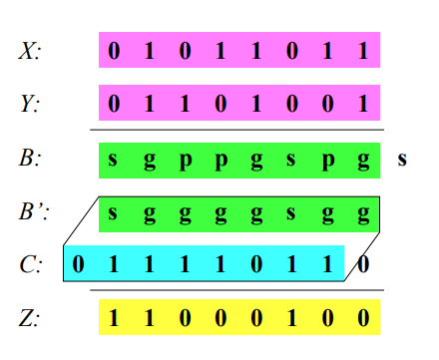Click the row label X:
pyautogui.click(x=29, y=51)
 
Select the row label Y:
pyautogui.click(x=29, y=103)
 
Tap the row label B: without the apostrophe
pyautogui.click(x=29, y=160)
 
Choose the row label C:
pyautogui.click(x=29, y=266)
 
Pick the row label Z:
pyautogui.click(x=29, y=318)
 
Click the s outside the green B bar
pyautogui.click(x=402, y=160)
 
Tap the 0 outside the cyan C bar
pyautogui.click(x=364, y=265)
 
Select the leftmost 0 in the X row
pyautogui.click(x=114, y=51)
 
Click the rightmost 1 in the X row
pyautogui.click(x=363, y=51)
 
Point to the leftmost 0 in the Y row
pyautogui.click(x=114, y=103)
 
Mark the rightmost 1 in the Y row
pyautogui.click(x=363, y=103)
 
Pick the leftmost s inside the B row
pyautogui.click(x=114, y=160)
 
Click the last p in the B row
pyautogui.click(x=327, y=160)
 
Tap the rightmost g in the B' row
pyautogui.click(x=363, y=212)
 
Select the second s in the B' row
pyautogui.click(x=291, y=212)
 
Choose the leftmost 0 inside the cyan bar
pyautogui.click(x=79, y=266)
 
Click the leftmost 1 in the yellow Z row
pyautogui.click(x=114, y=318)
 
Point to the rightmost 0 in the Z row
pyautogui.click(x=363, y=318)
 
